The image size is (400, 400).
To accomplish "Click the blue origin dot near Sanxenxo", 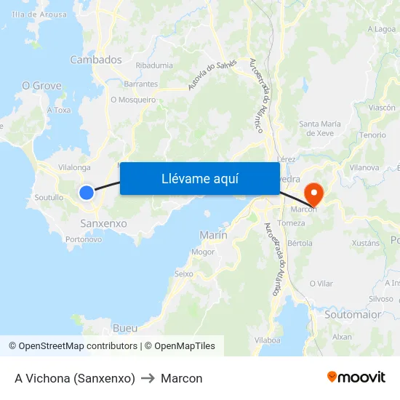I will point(87,193).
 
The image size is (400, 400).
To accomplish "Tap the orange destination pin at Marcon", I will point(314,193).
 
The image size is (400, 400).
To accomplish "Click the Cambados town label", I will point(96,60).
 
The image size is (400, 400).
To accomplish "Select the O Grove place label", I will point(41,86).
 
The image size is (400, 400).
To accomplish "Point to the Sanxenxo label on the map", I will point(103,223).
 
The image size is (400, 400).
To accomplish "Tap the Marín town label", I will point(213,235).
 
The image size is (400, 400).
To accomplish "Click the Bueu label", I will point(125,328).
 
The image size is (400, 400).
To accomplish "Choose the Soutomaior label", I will point(353,315).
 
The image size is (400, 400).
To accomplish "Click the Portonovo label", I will point(84,239).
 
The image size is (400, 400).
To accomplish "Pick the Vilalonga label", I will point(74,167).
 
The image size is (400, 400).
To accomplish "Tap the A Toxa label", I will point(59,111).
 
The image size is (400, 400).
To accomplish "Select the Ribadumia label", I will point(154,65).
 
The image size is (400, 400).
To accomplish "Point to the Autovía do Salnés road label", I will point(212,75).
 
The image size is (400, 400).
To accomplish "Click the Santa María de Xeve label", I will point(320,129).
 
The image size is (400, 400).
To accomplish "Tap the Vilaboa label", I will point(268,340).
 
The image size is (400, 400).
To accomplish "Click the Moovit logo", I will point(356,377).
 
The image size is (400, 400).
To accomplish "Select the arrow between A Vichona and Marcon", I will point(148,378).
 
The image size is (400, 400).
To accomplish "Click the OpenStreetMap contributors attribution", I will point(73,346).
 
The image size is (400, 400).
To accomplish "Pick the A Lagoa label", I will point(382,29).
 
